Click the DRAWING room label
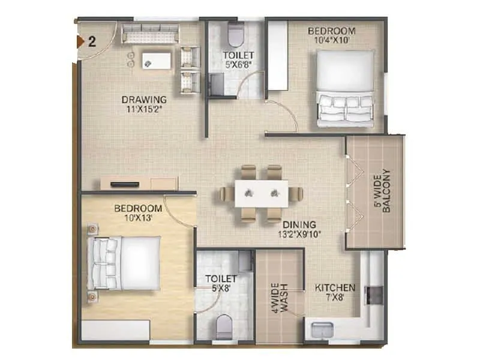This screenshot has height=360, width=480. [x=143, y=99]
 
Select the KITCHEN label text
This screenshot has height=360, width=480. [x=335, y=287]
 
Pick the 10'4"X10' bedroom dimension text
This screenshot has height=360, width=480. [x=331, y=41]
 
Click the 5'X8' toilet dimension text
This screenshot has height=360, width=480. [x=221, y=289]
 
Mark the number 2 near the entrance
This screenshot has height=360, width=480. [x=92, y=41]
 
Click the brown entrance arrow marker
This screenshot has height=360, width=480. [x=79, y=41]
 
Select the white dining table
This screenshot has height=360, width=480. [x=261, y=193]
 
